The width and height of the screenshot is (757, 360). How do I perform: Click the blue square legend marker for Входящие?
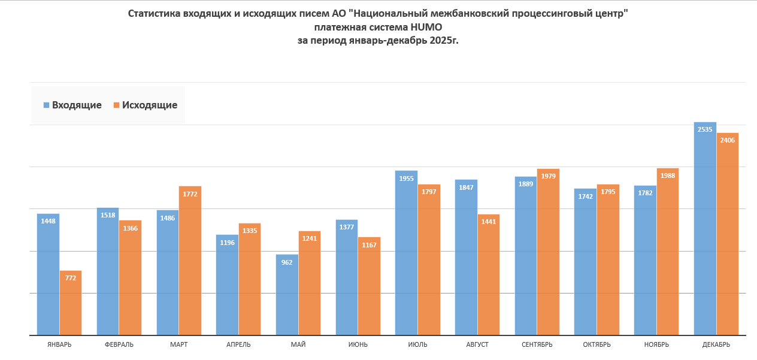pos(46,105)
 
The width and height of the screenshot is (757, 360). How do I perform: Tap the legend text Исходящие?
pos(150,105)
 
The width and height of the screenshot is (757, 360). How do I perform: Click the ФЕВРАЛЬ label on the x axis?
pos(119,344)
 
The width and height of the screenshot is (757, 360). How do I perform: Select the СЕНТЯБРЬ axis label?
pos(537,344)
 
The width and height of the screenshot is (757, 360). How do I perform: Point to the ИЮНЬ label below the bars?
pos(358,344)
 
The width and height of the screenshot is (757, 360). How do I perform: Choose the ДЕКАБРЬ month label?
pos(716,344)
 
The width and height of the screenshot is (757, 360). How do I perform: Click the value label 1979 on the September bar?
pos(548,176)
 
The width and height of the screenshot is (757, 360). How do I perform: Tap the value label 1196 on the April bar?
pos(227,242)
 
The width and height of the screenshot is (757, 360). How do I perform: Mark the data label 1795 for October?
pos(608,192)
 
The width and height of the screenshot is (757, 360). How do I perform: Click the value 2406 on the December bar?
pos(728,140)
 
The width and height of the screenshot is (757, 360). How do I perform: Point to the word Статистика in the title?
pos(153,13)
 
